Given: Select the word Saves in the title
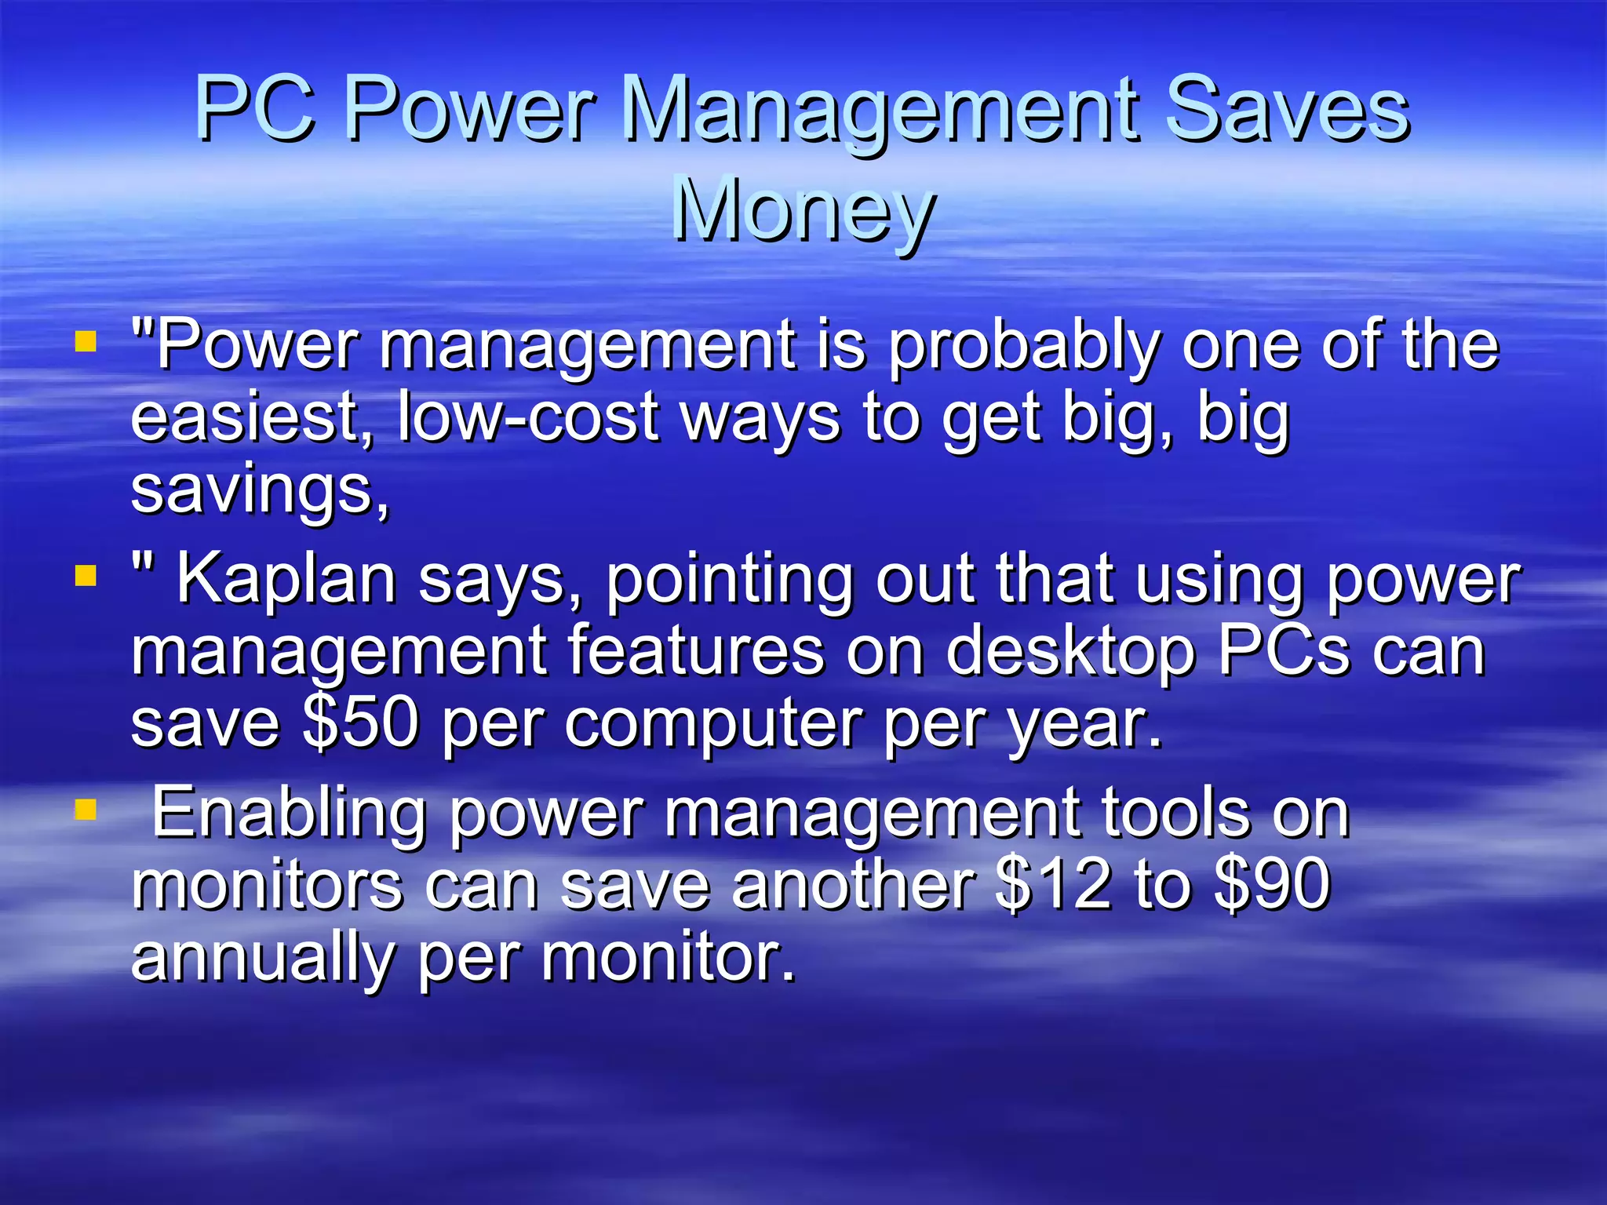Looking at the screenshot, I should [x=1287, y=110].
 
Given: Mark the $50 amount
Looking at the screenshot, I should [x=360, y=723].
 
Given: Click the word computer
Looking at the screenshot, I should [x=712, y=723].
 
